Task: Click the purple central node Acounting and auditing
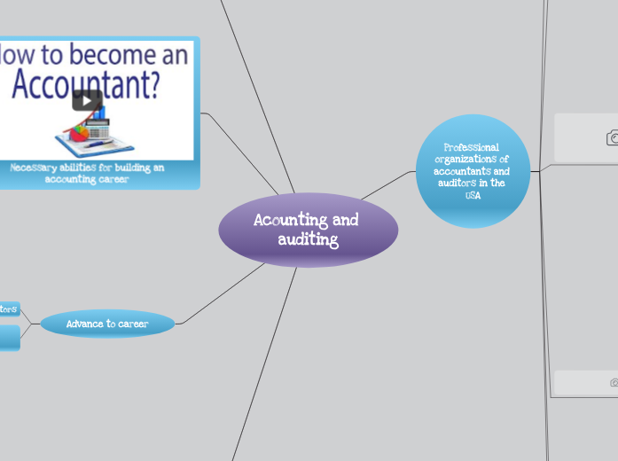pyautogui.click(x=308, y=230)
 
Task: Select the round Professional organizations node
pyautogui.click(x=472, y=170)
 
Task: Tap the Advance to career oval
pyautogui.click(x=107, y=324)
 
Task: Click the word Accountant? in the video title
pyautogui.click(x=86, y=85)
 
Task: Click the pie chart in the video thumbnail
pyautogui.click(x=79, y=133)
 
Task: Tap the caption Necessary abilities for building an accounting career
pyautogui.click(x=87, y=173)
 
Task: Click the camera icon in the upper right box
pyautogui.click(x=613, y=137)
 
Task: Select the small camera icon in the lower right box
pyautogui.click(x=614, y=383)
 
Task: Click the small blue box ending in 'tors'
pyautogui.click(x=9, y=309)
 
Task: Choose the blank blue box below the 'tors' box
pyautogui.click(x=9, y=337)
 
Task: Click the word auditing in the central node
pyautogui.click(x=308, y=239)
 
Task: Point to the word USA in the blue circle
pyautogui.click(x=472, y=195)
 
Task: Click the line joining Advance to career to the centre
pyautogui.click(x=222, y=293)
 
